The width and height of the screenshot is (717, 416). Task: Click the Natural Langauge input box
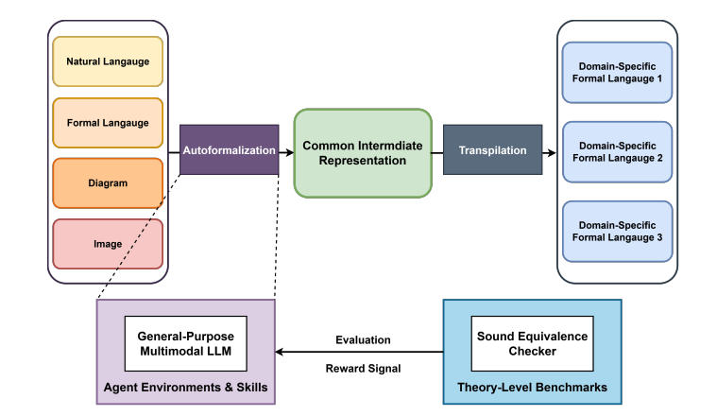[108, 61]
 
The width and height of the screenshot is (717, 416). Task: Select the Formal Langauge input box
[108, 123]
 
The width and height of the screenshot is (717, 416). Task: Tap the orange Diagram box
[108, 183]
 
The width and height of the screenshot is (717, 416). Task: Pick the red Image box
[108, 244]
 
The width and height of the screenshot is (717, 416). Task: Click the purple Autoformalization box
[229, 149]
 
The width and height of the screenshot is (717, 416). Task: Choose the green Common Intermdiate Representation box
[363, 152]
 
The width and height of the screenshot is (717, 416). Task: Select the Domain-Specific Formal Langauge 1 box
[617, 72]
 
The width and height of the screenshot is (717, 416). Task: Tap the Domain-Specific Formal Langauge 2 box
[617, 152]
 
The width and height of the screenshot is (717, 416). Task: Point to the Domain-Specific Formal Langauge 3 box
[617, 231]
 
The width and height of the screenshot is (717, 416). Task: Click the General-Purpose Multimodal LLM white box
[185, 344]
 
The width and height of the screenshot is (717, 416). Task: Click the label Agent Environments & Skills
[185, 388]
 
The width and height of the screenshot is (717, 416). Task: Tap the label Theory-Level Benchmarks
[532, 388]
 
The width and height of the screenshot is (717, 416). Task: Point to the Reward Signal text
[363, 367]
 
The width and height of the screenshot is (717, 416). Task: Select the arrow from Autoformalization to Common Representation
[286, 150]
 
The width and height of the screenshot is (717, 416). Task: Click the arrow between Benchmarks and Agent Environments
[359, 353]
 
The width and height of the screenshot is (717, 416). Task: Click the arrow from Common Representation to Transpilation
[437, 150]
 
